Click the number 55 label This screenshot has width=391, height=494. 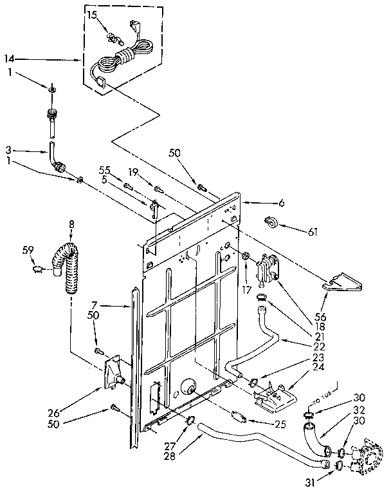(104, 169)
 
